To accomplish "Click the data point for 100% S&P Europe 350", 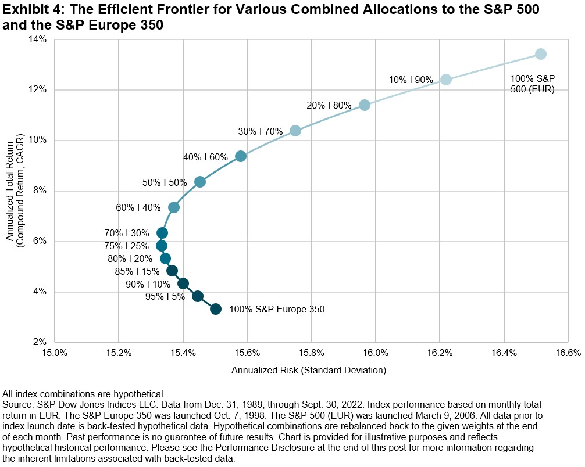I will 216,309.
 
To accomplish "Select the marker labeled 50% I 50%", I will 200,182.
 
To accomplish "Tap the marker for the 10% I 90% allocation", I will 446,80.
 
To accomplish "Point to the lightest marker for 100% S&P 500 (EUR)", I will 541,54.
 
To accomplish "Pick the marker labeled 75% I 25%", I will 162,246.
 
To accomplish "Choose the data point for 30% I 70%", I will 295,131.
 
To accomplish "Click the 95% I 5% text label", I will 165,296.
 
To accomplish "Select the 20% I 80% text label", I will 330,106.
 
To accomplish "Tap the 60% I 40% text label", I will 138,207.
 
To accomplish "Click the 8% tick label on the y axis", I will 41,191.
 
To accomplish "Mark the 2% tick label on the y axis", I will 41,342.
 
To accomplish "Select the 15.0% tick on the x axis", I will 55,353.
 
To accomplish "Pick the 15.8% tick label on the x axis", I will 311,353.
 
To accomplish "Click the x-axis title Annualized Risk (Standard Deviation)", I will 309,369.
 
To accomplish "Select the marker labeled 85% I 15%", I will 172,271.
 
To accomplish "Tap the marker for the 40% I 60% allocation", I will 241,156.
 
